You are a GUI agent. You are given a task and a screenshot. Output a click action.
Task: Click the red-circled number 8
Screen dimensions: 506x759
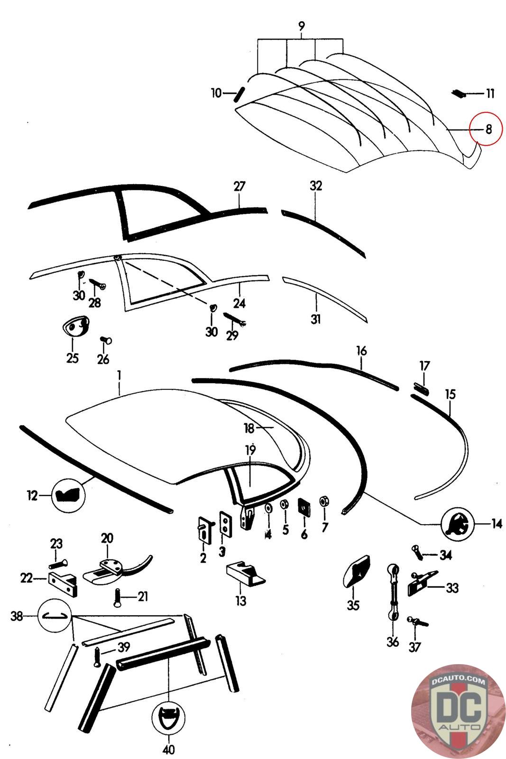488,129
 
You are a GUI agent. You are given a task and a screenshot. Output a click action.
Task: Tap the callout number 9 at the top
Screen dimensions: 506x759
302,26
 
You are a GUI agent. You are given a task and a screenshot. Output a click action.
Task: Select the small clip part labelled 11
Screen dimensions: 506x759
459,93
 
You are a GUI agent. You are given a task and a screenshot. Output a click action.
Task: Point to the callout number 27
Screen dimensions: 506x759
239,186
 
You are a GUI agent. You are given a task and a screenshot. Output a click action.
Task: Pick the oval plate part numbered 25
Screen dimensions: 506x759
75,325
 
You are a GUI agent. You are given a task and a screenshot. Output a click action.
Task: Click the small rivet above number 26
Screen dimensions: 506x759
106,340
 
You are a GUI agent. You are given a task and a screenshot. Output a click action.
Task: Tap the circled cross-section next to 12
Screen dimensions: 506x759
68,496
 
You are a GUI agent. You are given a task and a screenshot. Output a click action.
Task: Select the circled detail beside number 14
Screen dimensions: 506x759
457,525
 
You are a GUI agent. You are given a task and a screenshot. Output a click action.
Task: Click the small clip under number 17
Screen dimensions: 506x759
422,389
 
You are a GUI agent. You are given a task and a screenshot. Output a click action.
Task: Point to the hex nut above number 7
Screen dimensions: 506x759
324,501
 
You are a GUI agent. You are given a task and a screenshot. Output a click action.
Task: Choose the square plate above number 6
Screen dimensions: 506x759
304,507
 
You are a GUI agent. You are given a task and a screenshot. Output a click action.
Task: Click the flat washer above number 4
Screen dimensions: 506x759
268,508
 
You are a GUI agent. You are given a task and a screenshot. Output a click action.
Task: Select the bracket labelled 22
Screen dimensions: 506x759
63,583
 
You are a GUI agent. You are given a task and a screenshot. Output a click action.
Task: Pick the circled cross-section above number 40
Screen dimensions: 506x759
168,717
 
